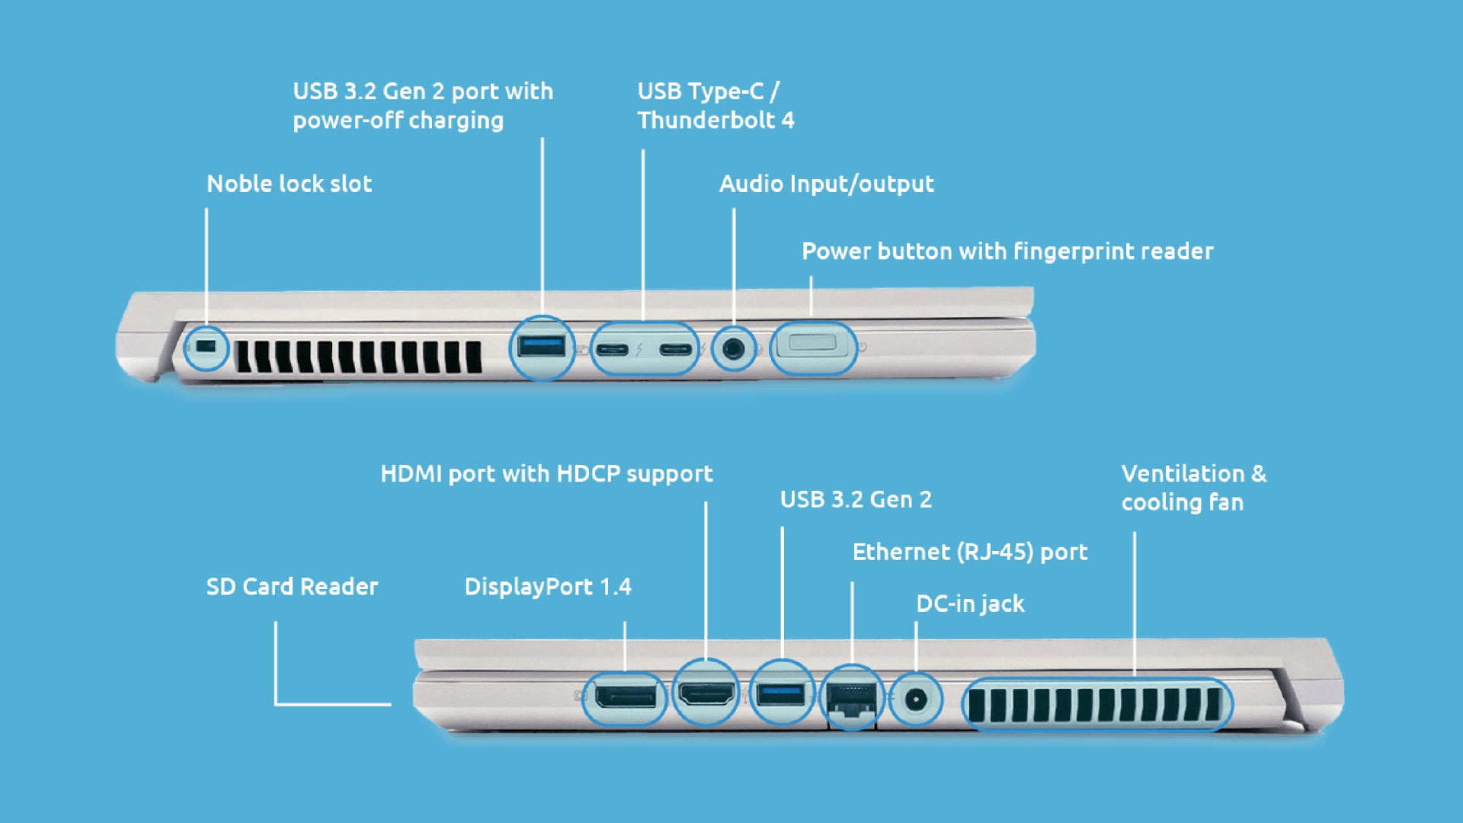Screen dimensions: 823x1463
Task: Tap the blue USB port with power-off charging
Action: point(541,347)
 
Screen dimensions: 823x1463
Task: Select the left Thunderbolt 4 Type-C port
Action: point(612,350)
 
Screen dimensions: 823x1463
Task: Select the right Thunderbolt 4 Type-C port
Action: point(676,350)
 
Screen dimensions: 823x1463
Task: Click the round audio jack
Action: point(733,349)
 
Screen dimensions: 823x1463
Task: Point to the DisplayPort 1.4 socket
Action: point(625,697)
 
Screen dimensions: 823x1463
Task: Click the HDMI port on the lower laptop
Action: point(706,695)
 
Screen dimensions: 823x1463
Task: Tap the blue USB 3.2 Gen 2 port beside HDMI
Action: point(781,694)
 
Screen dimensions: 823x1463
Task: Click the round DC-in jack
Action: point(916,698)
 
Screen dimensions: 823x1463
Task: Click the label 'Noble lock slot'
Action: point(290,184)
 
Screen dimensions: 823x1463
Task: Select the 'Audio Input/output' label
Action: point(827,184)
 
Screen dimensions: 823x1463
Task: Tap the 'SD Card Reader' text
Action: point(292,587)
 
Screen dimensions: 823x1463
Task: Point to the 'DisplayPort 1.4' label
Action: point(548,587)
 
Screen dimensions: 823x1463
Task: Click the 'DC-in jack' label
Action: point(970,604)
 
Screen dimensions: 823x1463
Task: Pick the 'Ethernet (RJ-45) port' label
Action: point(970,552)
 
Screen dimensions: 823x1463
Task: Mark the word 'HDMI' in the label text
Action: point(411,474)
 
